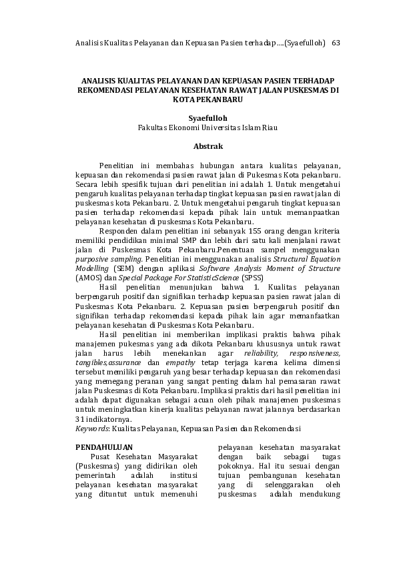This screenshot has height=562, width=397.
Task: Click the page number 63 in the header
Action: point(336,43)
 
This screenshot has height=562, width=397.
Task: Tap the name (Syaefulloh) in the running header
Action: point(305,43)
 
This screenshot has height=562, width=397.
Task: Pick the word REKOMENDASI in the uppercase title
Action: point(106,89)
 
